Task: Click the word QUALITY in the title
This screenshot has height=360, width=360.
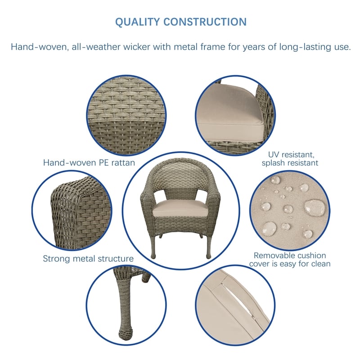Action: pyautogui.click(x=137, y=22)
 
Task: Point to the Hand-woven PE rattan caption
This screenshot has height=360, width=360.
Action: pyautogui.click(x=89, y=163)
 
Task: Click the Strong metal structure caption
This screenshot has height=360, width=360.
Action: pyautogui.click(x=88, y=259)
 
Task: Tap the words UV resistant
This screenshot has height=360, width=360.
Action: pyautogui.click(x=290, y=154)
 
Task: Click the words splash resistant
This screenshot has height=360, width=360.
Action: pyautogui.click(x=290, y=163)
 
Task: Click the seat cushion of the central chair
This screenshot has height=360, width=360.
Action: pyautogui.click(x=175, y=208)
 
